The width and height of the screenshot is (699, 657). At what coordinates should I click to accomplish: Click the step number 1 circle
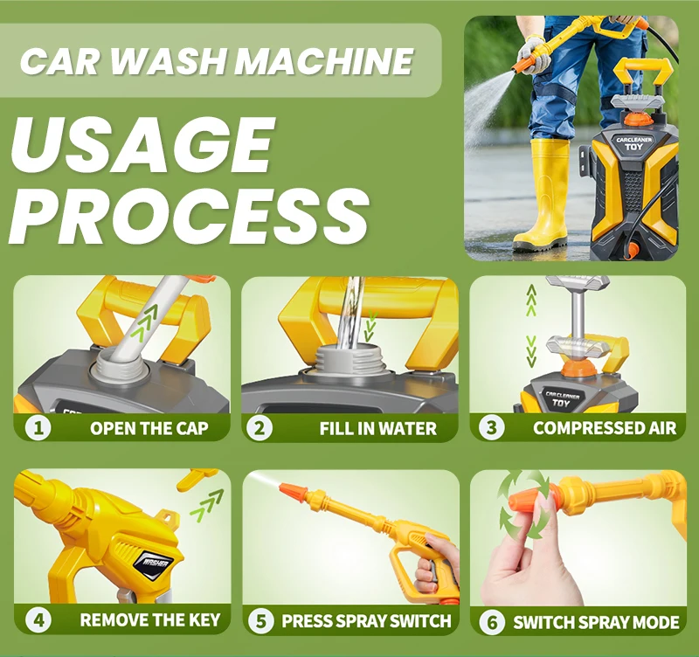click(38, 428)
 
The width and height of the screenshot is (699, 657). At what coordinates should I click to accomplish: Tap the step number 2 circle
click(259, 428)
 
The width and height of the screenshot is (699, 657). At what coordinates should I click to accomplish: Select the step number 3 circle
click(491, 428)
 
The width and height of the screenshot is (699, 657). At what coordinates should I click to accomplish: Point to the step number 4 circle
click(38, 620)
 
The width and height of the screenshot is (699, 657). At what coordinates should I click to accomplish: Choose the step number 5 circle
click(260, 621)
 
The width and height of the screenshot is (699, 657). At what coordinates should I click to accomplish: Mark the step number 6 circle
click(492, 622)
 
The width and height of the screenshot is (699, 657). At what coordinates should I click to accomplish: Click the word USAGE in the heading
click(141, 146)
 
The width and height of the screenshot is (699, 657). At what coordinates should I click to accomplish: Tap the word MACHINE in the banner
click(324, 60)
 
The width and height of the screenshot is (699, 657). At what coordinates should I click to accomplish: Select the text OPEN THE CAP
click(149, 428)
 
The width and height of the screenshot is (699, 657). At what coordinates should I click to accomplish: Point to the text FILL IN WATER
click(378, 429)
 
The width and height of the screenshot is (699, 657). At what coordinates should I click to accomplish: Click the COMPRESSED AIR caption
click(605, 428)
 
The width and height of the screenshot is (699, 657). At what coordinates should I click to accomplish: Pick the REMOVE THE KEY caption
click(150, 620)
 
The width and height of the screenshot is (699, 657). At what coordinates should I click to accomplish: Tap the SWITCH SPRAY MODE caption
click(596, 622)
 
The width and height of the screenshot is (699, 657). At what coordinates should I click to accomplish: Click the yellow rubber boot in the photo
click(542, 194)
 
